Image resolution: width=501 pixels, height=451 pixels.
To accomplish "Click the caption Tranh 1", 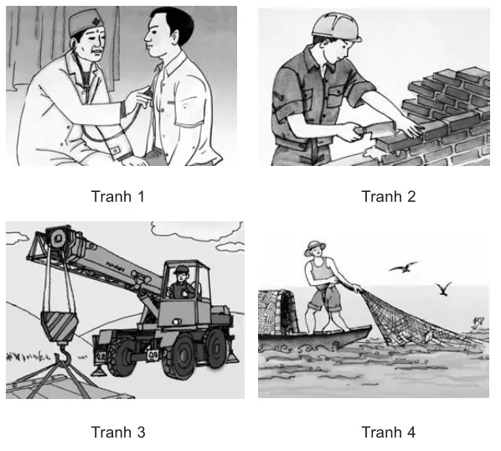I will (x=117, y=197).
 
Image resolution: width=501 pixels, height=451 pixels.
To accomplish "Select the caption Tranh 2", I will (x=388, y=197).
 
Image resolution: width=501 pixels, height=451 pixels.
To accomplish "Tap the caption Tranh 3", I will (x=117, y=433).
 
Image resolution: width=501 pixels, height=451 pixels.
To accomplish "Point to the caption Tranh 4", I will (x=388, y=433).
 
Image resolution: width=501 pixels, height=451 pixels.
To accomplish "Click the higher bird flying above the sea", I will (x=403, y=267).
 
